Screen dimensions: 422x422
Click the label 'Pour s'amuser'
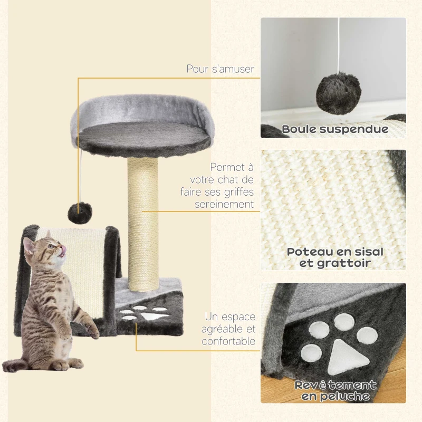[x=220, y=69]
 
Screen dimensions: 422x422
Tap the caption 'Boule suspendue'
[x=334, y=129]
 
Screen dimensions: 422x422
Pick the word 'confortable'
[x=228, y=341]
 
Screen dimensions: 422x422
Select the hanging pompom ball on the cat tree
[x=79, y=212]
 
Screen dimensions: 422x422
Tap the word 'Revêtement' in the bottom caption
[x=335, y=385]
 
